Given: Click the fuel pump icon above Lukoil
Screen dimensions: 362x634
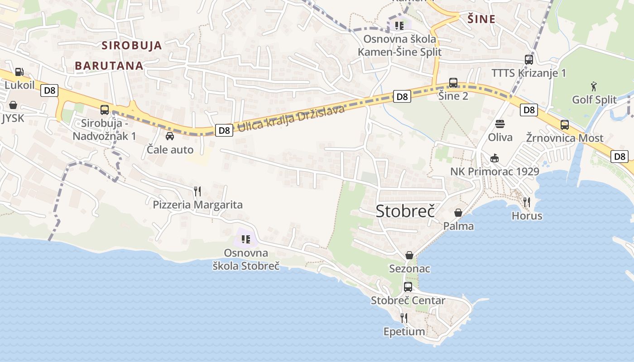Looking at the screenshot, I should tap(19, 71).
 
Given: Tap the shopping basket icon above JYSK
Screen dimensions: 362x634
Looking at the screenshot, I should tap(13, 105).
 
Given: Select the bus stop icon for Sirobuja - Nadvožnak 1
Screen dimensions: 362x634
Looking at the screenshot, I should tap(105, 110).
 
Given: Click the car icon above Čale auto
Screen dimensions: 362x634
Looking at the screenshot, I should tap(170, 136).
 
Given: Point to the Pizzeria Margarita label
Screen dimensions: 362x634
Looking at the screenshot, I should tap(197, 205).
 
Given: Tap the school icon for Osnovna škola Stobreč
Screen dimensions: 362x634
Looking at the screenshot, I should tap(246, 239).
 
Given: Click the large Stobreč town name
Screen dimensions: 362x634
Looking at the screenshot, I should tap(405, 211).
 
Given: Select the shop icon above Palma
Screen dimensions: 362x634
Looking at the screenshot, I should tap(458, 212).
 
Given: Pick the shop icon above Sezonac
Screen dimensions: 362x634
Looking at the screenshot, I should tap(409, 255).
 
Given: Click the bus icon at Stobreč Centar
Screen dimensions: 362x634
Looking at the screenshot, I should tap(408, 286).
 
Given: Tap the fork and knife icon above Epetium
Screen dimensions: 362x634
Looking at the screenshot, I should tap(404, 318).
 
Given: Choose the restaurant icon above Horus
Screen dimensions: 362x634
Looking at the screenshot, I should tap(527, 202).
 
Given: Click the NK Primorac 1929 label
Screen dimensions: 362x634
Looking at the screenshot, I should tap(495, 171).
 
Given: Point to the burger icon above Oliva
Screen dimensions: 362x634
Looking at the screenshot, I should tap(500, 124).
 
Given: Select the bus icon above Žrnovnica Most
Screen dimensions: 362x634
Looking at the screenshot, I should tap(565, 125).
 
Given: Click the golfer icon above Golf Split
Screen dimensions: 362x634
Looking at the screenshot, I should tap(594, 86).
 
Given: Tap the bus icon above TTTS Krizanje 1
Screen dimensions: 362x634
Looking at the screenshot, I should tap(528, 59).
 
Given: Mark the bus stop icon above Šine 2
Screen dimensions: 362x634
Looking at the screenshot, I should tap(453, 83).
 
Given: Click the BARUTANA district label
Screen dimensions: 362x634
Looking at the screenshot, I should tap(109, 66).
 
